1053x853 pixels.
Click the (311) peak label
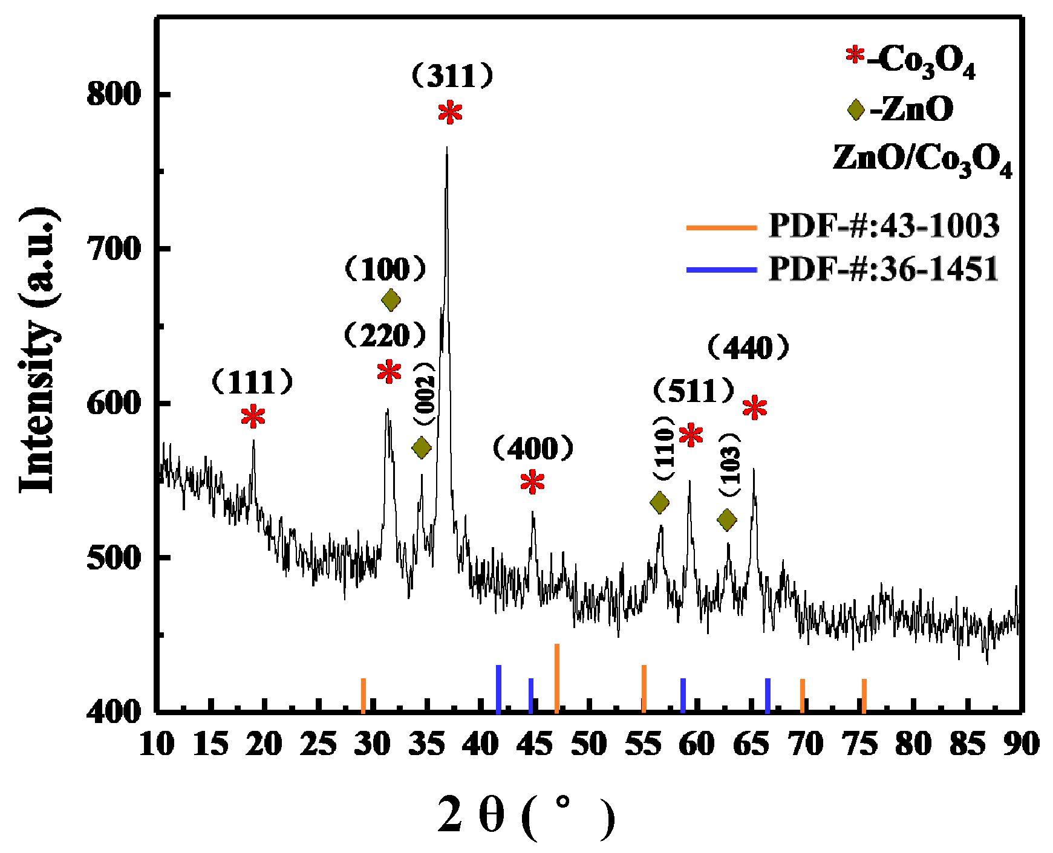click(452, 77)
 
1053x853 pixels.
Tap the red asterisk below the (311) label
click(450, 112)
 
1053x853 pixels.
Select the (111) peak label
click(252, 383)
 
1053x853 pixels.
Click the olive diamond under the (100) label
click(391, 300)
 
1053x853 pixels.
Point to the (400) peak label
click(532, 448)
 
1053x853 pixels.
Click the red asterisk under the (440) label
click(755, 408)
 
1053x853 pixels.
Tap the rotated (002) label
click(425, 394)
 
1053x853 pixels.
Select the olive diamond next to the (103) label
click(727, 519)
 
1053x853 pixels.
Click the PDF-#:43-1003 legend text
click(884, 226)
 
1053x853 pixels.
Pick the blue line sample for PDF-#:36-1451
click(722, 269)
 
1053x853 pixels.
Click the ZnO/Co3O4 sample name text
click(922, 159)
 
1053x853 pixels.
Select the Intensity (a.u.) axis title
click(39, 351)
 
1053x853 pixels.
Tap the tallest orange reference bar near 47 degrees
click(556, 677)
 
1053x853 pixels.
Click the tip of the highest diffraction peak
click(446, 149)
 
